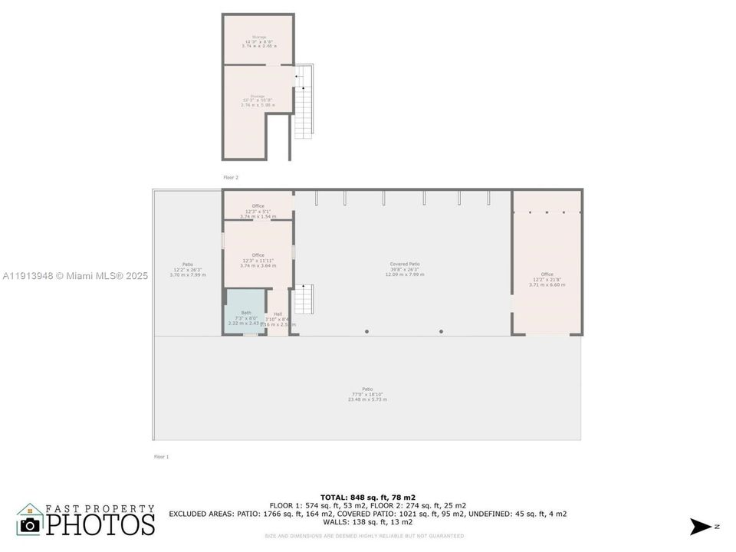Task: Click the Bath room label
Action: click(245, 313)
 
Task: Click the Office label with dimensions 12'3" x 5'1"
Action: click(258, 206)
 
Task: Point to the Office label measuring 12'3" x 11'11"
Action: click(258, 255)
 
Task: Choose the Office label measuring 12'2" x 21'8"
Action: click(547, 274)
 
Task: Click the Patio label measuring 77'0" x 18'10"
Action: click(368, 389)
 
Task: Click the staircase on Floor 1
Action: click(304, 298)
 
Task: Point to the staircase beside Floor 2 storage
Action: click(305, 103)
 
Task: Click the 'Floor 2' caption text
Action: click(231, 177)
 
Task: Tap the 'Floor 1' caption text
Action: click(161, 457)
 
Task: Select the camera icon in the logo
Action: click(30, 524)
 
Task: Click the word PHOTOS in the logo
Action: click(100, 524)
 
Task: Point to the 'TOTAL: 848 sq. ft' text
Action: click(367, 498)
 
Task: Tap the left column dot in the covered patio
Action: click(366, 331)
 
